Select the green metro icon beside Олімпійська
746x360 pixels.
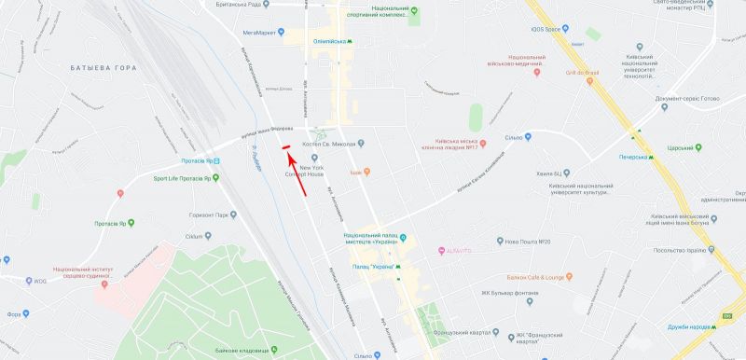tap(351, 42)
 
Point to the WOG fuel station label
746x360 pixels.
tap(40, 281)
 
